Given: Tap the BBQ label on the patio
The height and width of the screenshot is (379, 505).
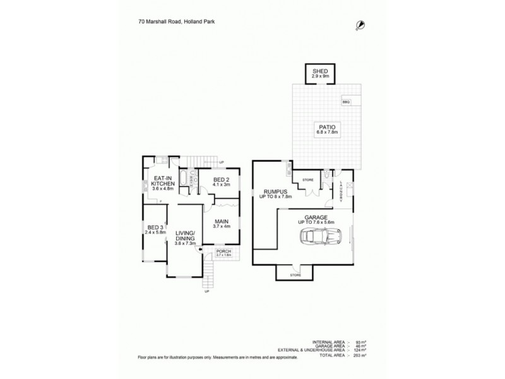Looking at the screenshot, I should [346, 102].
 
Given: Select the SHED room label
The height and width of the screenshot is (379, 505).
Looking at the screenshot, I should [320, 72].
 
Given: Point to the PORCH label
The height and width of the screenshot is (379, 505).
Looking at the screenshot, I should [223, 251].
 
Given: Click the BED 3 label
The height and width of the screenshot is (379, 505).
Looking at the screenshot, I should [154, 227].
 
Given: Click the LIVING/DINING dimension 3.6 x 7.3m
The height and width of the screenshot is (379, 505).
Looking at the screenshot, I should [186, 243].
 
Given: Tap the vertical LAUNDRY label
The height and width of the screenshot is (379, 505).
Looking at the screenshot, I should [341, 191].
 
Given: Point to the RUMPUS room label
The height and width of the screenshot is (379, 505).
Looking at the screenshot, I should [275, 191].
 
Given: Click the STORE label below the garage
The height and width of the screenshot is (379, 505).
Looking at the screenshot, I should [295, 275].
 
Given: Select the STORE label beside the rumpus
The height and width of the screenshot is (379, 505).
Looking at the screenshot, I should [308, 180].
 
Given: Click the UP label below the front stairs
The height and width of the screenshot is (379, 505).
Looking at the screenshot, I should [206, 292].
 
